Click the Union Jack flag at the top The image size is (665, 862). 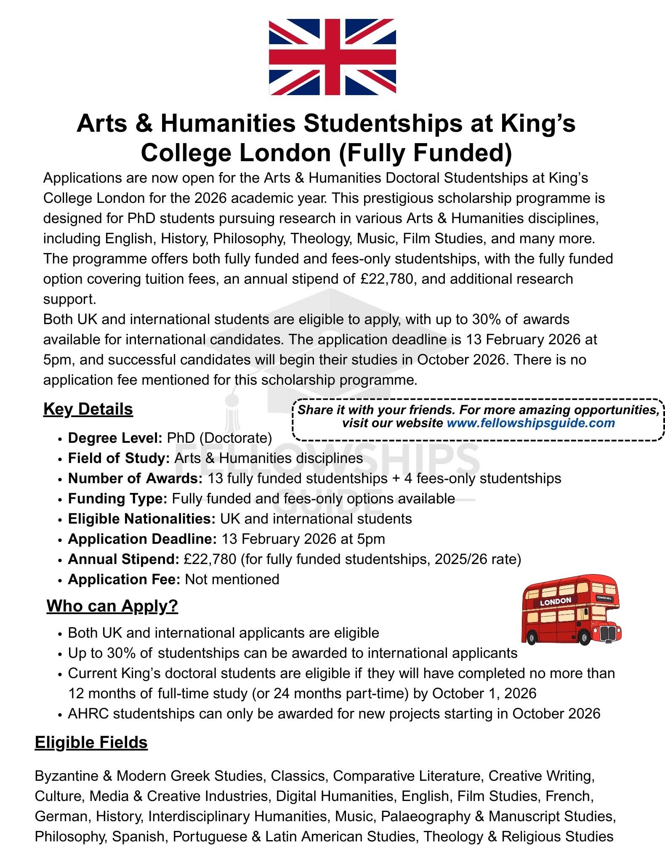[x=332, y=56]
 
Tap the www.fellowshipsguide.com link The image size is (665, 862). [x=531, y=423]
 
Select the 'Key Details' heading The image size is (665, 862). [x=88, y=409]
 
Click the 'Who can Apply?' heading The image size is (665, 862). [x=112, y=606]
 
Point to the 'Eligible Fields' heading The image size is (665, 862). [x=91, y=742]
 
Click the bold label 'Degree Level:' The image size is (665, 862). [x=115, y=438]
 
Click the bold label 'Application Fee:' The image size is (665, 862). [x=124, y=580]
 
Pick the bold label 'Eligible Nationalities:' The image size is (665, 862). [x=142, y=519]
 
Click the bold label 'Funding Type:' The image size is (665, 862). [x=117, y=499]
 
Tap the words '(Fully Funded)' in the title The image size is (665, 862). [x=426, y=153]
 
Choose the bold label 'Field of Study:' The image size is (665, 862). [x=119, y=458]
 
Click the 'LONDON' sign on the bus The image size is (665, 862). [x=555, y=601]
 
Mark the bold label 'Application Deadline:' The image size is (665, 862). [x=142, y=539]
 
